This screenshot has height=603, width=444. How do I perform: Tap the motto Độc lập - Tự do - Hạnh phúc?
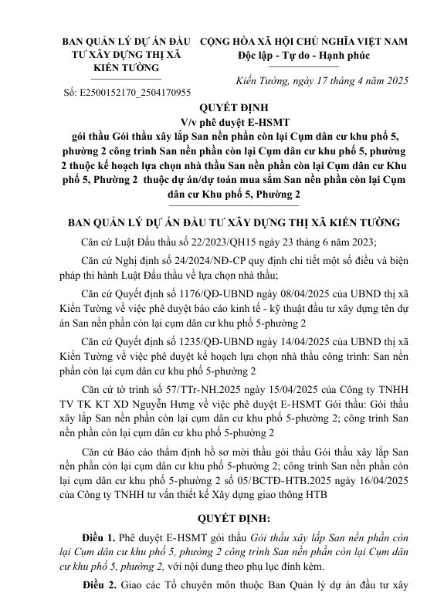pyautogui.click(x=304, y=56)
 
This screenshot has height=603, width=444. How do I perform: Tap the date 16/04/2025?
pyautogui.click(x=379, y=479)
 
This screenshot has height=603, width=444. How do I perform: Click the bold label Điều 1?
pyautogui.click(x=98, y=537)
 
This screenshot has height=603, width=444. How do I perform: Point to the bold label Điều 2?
pyautogui.click(x=98, y=588)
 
